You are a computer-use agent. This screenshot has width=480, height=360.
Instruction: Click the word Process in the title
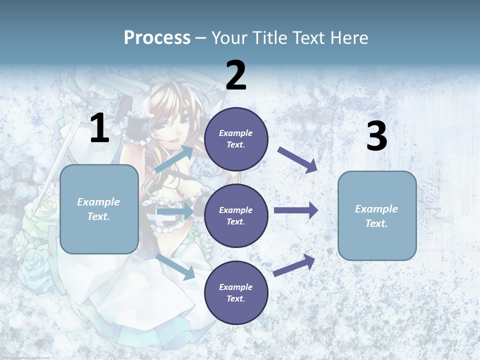[157, 38]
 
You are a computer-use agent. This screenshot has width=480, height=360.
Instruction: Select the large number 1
[99, 129]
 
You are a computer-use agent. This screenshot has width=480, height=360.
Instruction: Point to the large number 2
[236, 75]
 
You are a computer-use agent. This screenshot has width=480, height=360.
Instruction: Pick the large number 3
[376, 136]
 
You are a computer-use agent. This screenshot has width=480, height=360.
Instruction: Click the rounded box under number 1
[99, 209]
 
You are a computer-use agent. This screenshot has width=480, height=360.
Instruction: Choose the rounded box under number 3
[377, 215]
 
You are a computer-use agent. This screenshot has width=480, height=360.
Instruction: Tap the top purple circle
[236, 139]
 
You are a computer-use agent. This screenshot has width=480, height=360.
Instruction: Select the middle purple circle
[236, 215]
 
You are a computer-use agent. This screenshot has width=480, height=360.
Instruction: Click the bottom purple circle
[236, 292]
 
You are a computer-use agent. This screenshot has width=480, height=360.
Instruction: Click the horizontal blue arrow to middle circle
[175, 212]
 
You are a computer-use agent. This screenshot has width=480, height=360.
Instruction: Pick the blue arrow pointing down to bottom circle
[176, 266]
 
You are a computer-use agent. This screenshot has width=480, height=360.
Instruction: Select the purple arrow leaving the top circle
[297, 160]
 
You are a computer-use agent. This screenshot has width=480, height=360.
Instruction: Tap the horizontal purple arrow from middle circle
[295, 210]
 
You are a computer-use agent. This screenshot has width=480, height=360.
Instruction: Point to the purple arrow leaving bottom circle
[294, 265]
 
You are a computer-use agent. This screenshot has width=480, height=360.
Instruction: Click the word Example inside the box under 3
[376, 209]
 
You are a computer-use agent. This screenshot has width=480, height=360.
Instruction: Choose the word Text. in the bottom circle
[235, 298]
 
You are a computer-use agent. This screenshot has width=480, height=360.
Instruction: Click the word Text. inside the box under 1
[98, 216]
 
